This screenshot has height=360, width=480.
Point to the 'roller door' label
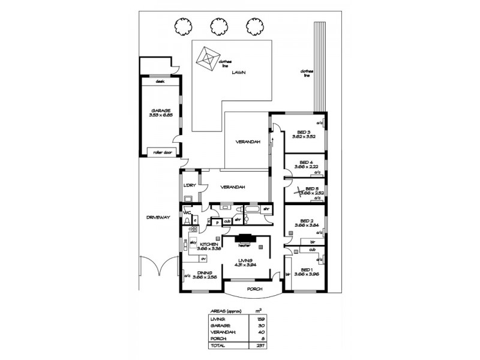163,152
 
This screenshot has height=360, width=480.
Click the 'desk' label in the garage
160,81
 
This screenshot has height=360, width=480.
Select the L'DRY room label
190,186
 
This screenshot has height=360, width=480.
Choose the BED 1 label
306,269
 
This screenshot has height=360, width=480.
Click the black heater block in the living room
244,238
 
